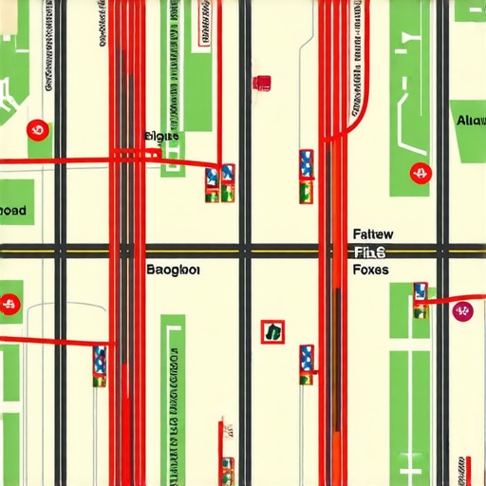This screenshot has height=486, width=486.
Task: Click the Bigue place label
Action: (x=160, y=138)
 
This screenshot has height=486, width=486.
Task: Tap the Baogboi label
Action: (x=174, y=270)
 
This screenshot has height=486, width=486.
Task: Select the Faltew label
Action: (x=373, y=234)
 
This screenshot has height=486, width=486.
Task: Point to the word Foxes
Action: (x=370, y=270)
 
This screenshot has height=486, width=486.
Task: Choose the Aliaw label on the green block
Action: (x=470, y=121)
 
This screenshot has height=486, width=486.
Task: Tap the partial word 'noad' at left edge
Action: (x=13, y=210)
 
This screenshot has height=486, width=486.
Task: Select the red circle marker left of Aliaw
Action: (x=419, y=174)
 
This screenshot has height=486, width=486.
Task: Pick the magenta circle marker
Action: (x=462, y=310)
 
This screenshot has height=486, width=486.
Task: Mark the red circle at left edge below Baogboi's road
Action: (x=9, y=306)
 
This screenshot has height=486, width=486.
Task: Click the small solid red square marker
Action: (x=262, y=83)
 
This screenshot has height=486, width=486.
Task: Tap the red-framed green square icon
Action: (x=272, y=331)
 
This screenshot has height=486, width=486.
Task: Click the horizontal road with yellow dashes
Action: (x=243, y=252)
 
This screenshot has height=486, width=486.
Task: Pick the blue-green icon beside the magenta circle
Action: (x=420, y=297)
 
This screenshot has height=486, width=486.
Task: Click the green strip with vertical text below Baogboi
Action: (x=173, y=399)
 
